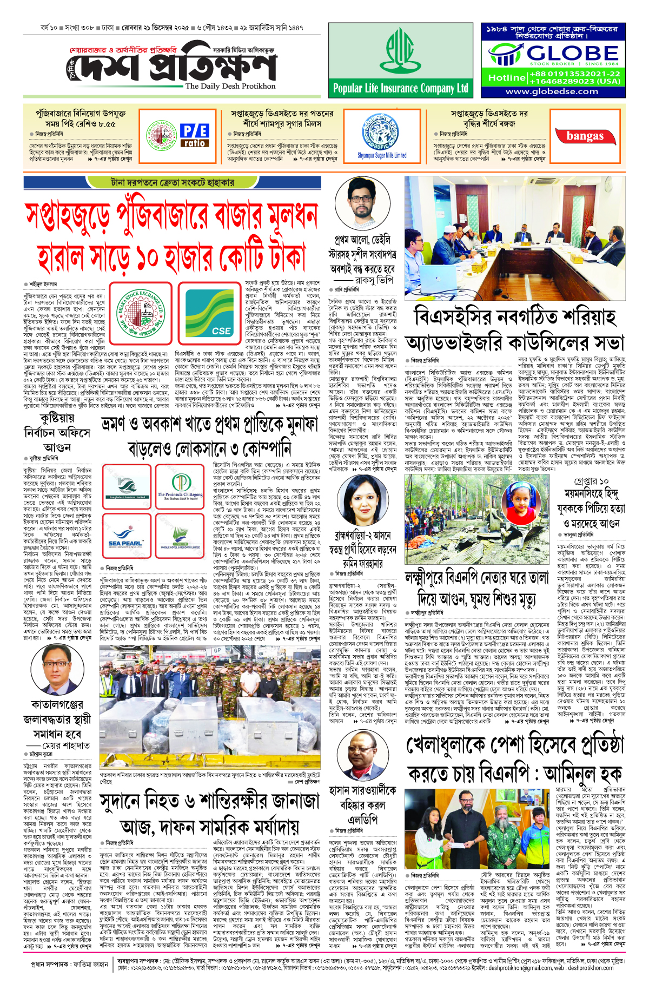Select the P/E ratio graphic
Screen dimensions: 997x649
[195, 135]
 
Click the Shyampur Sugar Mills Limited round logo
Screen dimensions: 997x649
[382, 133]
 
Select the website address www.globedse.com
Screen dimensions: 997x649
[552, 91]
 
